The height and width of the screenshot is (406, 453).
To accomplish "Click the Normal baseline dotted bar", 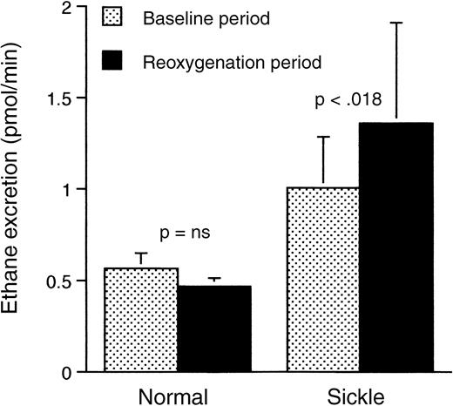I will click(141, 320).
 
